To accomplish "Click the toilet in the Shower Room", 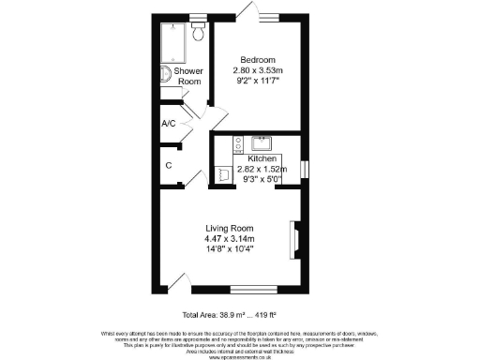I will pos(198,33).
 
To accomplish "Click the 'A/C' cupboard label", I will pos(169,124).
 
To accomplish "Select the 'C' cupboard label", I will pos(169,165).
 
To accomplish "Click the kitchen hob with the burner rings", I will pos(237,143).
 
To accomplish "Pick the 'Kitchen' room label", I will pos(261,159).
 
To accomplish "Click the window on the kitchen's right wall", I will pos(303,168).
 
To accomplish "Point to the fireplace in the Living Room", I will pos(295,238).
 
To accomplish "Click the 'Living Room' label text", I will pos(231,229).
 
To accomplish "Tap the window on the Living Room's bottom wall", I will pos(254,287).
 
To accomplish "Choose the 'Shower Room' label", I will pos(191,76).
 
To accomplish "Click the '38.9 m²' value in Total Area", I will pos(238,313).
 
